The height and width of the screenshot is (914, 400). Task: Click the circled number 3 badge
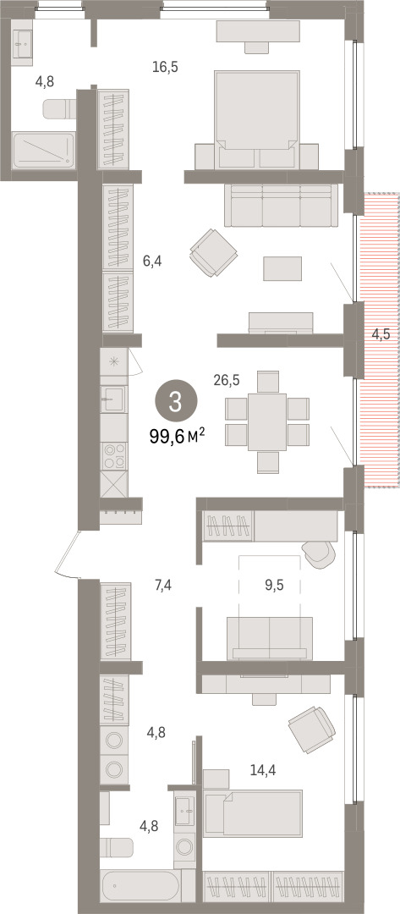176,402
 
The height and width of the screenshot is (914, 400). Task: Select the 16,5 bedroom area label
165,67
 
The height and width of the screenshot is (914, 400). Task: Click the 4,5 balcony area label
381,334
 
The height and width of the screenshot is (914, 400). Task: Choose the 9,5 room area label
274,586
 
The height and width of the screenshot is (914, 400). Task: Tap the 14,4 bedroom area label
263,771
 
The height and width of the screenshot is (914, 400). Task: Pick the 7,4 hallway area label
163,586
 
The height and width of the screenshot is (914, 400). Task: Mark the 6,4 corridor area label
152,262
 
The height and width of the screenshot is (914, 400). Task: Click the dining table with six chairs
267,421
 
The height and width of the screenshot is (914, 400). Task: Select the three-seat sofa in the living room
282,205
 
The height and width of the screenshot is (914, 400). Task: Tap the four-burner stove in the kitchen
113,456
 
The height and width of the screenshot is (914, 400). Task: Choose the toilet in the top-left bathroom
60,107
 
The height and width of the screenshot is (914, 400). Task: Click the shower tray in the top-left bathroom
44,151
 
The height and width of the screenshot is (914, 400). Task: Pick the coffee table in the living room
282,269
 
